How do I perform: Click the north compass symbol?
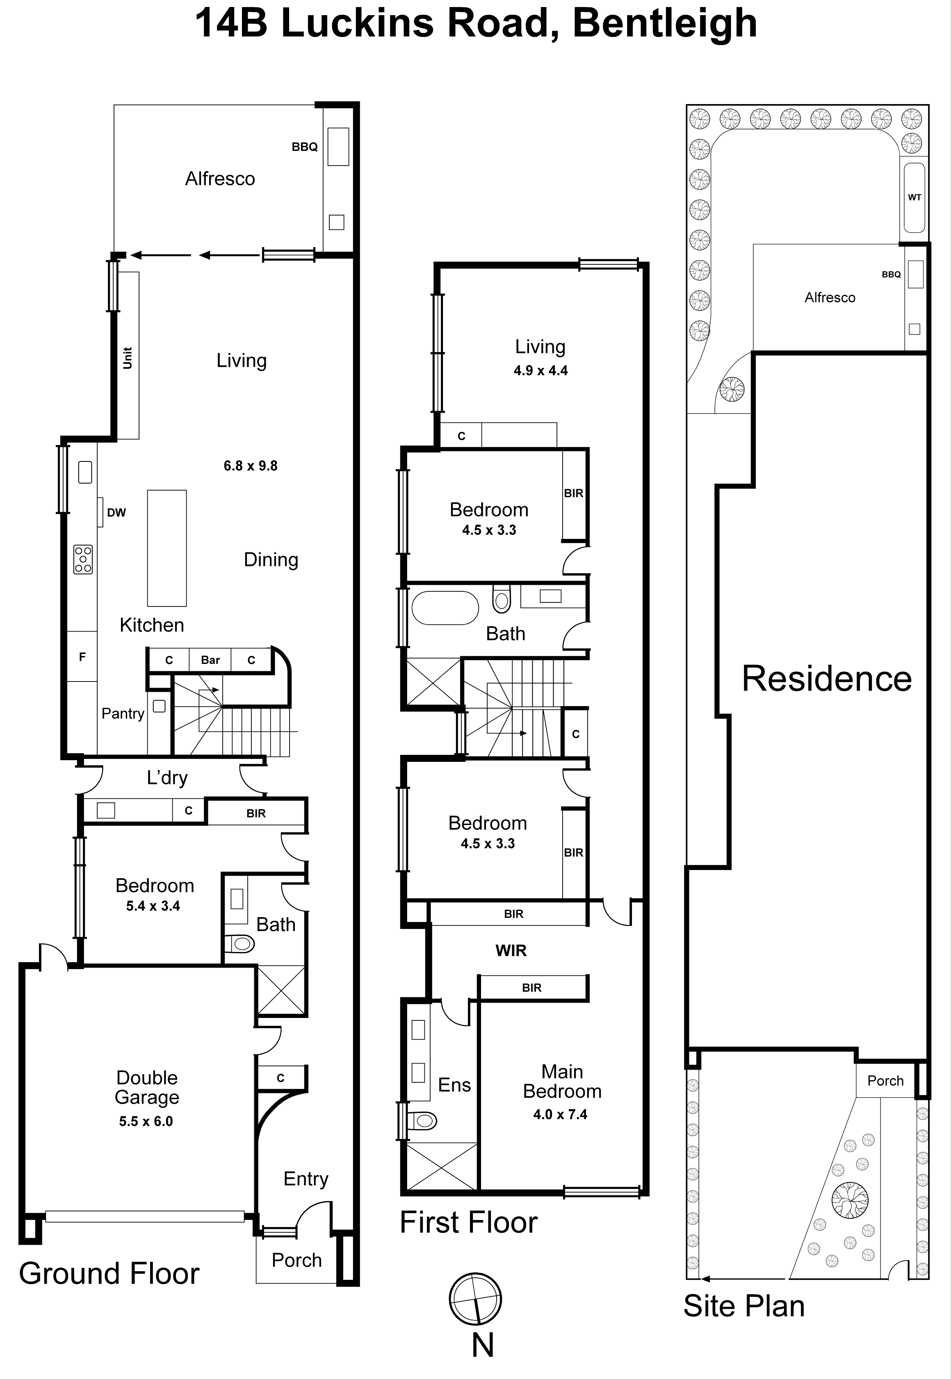[475, 1299]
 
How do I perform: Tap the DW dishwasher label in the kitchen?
[116, 513]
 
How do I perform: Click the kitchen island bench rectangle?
[167, 548]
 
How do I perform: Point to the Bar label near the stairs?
[210, 660]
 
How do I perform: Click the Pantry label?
[123, 713]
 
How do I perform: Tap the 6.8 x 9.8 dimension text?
[250, 466]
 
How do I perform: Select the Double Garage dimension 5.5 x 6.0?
[146, 1121]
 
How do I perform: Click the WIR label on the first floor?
[511, 950]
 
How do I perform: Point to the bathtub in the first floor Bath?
[445, 607]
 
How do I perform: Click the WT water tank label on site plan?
[914, 198]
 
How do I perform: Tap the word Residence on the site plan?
[826, 678]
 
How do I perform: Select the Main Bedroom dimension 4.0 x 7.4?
[560, 1114]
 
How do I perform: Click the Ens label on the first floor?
[454, 1085]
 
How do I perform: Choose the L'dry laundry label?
[167, 778]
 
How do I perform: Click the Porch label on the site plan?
[885, 1081]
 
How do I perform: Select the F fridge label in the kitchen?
[82, 657]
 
